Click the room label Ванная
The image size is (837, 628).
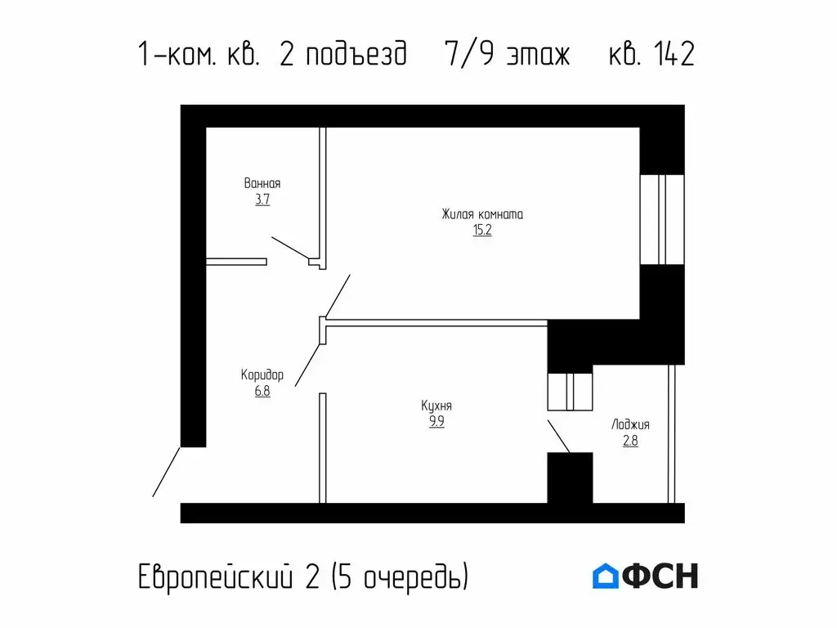262,183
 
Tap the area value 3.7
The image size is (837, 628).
262,200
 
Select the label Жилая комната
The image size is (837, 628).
482,214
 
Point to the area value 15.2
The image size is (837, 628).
482,231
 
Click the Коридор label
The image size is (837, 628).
262,375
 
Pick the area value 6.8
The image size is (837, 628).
262,391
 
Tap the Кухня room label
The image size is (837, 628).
436,406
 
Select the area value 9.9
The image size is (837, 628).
436,422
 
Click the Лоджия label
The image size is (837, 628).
630,425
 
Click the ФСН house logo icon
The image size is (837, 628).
605,576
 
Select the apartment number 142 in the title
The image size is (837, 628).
674,56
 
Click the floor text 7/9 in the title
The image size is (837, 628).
466,56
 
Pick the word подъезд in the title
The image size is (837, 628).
357,56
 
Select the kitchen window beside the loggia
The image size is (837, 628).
569,391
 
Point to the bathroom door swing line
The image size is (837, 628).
290,249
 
